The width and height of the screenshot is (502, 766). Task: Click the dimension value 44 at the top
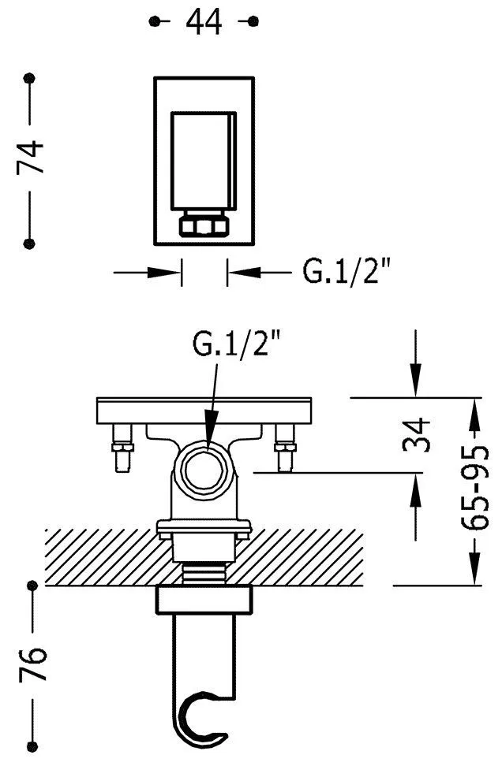point(204,22)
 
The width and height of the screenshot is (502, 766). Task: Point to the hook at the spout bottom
point(202,719)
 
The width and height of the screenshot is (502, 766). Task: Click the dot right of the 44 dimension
point(253,21)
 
